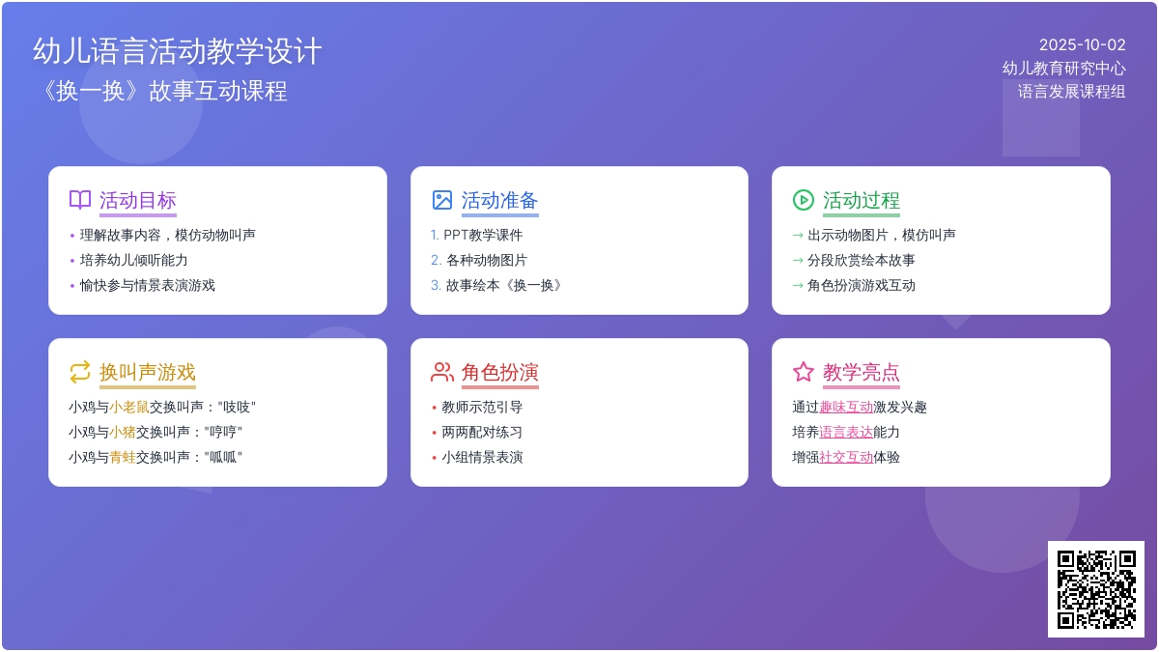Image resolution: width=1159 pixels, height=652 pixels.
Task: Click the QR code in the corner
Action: pos(1096,589)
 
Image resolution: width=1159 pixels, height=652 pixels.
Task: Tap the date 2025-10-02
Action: pos(1083,45)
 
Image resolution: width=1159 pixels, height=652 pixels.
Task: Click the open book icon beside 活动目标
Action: pos(80,200)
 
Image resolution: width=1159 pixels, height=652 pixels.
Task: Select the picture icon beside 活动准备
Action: pos(442,200)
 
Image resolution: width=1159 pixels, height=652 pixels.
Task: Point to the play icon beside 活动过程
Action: pos(803,200)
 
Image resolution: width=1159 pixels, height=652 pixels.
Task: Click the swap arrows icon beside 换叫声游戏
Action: pos(80,372)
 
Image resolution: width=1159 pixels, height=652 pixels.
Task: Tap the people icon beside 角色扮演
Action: pos(442,372)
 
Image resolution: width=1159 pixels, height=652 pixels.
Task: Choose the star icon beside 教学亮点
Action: pos(803,372)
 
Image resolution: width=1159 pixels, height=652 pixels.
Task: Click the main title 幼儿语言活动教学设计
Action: pos(178,51)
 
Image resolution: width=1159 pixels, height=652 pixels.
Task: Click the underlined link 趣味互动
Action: pos(846,408)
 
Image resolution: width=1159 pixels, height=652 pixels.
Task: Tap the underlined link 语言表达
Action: pos(846,432)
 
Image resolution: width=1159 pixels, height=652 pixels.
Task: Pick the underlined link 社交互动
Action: pos(846,458)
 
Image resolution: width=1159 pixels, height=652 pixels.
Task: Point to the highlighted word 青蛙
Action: pos(122,458)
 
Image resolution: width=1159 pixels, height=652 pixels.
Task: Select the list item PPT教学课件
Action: pos(483,236)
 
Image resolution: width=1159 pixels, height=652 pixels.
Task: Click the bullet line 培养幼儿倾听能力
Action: pos(133,260)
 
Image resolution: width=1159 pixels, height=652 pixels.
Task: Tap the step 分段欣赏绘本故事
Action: pos(861,260)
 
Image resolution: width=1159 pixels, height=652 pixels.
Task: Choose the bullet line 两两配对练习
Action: pos(482,432)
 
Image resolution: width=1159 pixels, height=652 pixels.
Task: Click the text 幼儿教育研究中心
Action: pos(1063,69)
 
